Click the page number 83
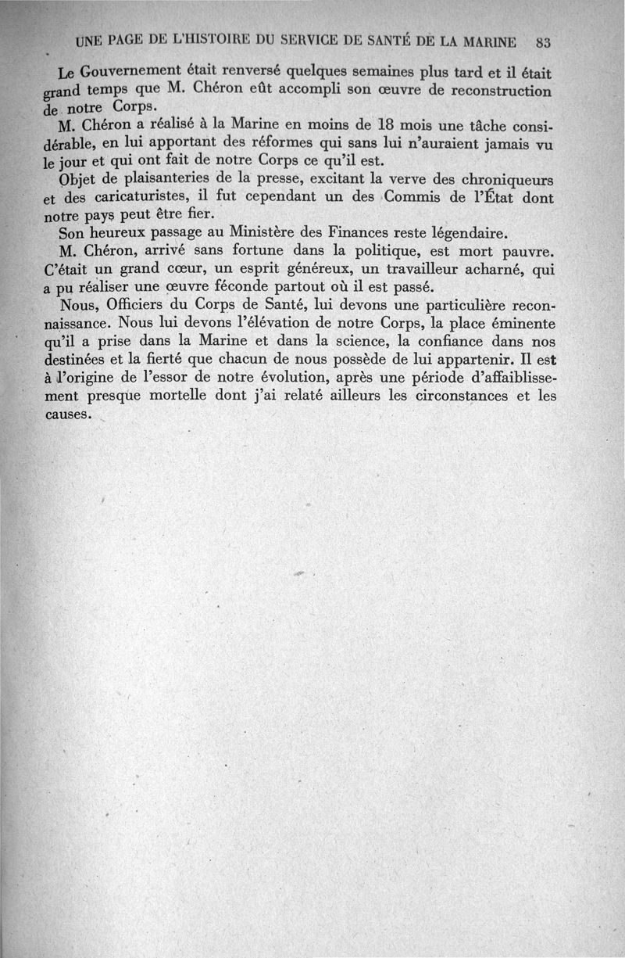point(545,41)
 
